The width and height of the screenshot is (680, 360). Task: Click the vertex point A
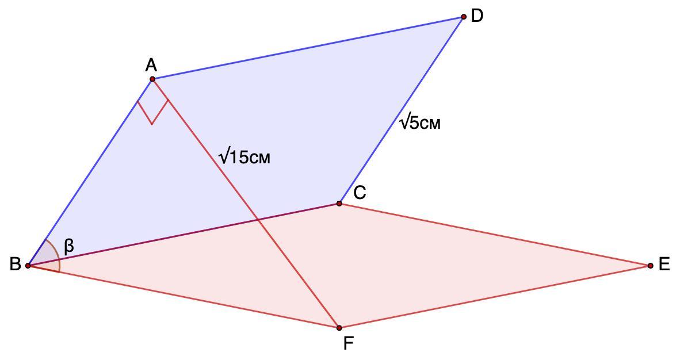(152, 79)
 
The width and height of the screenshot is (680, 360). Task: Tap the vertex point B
(28, 266)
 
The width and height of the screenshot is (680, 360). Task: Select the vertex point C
(339, 204)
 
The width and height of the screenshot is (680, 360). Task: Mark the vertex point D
(464, 17)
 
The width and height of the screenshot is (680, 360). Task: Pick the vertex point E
(650, 266)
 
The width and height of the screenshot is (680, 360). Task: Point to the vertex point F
(339, 328)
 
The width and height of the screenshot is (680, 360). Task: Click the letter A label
(151, 64)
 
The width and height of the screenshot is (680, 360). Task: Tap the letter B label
(15, 265)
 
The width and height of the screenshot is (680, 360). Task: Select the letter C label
(360, 193)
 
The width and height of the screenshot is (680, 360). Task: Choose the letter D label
(477, 16)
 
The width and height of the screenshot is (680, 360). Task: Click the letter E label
(664, 265)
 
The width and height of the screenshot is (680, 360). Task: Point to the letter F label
(348, 343)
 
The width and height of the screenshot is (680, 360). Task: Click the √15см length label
(245, 156)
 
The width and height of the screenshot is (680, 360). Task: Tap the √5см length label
(421, 122)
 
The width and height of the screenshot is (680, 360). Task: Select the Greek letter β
(69, 247)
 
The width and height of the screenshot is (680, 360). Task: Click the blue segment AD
(308, 48)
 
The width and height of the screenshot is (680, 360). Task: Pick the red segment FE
(495, 297)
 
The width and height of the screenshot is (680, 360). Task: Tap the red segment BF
(184, 297)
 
